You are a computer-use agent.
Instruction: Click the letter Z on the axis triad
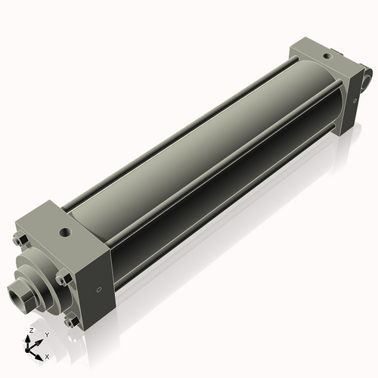30,331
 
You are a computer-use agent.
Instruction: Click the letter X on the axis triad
47,355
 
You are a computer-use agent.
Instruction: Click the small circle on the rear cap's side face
354,100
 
